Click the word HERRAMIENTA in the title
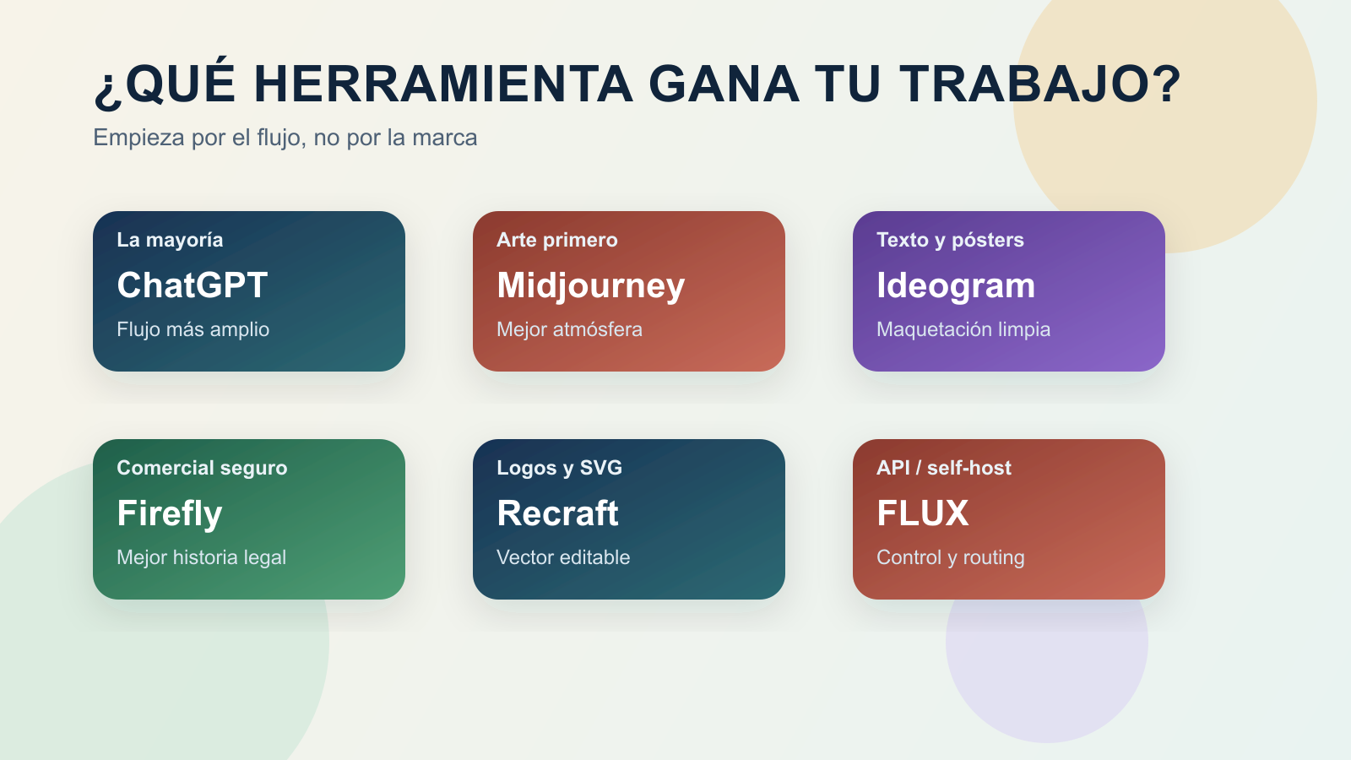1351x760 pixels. [x=442, y=84]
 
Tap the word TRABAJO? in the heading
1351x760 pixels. [x=1039, y=84]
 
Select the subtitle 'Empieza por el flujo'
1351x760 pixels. [x=285, y=138]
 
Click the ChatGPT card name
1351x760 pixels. [x=193, y=285]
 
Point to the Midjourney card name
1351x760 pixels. [x=590, y=285]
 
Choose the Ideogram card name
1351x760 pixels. [x=955, y=285]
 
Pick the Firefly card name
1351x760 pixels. [x=170, y=513]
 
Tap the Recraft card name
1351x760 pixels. [x=557, y=513]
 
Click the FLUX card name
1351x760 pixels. [x=922, y=513]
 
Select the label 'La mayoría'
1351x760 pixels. [x=170, y=240]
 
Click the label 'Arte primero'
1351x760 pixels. [x=556, y=240]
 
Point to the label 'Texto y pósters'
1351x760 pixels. [x=950, y=240]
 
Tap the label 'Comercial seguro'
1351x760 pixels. [x=202, y=468]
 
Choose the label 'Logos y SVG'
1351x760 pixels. [x=559, y=468]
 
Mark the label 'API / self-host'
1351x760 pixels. [x=943, y=468]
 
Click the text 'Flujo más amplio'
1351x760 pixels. [x=193, y=329]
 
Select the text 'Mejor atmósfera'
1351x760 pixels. [x=569, y=329]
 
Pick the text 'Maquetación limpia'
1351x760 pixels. [x=963, y=329]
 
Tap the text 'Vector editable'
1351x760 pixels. [x=563, y=557]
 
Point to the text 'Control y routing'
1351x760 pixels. [x=950, y=557]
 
